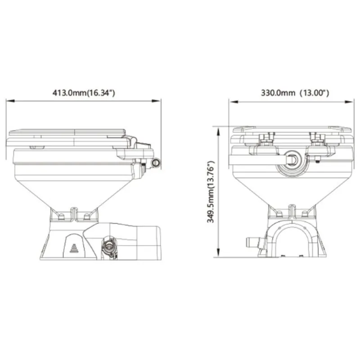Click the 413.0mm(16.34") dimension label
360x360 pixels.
click(x=84, y=93)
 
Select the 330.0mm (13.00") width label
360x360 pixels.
click(x=295, y=93)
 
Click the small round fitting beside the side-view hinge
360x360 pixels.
click(x=156, y=162)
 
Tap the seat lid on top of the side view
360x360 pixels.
click(x=67, y=134)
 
